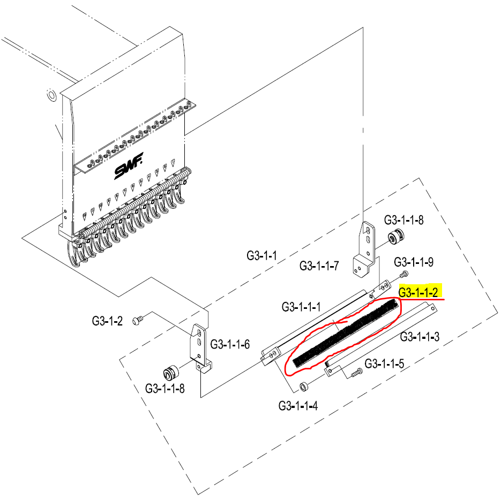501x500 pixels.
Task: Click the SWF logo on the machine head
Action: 129,166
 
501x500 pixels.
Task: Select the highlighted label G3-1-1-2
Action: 418,292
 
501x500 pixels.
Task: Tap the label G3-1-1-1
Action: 301,307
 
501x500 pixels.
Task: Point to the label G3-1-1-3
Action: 420,337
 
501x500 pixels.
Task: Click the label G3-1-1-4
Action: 298,406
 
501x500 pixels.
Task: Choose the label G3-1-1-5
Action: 384,363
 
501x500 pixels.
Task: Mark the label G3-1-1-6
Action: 230,344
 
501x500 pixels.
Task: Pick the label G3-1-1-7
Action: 319,266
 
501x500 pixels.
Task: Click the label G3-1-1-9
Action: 414,262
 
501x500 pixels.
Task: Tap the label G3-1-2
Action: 107,321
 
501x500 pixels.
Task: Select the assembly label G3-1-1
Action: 261,255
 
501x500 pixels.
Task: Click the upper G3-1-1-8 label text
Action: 404,220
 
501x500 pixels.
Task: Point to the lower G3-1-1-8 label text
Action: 165,389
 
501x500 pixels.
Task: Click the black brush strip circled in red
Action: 346,332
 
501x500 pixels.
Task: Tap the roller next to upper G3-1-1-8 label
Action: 396,238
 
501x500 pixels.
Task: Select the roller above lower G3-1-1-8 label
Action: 171,371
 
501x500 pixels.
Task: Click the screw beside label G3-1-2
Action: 138,320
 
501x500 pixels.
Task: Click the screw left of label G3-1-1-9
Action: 404,274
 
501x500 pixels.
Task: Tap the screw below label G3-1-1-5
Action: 356,373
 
